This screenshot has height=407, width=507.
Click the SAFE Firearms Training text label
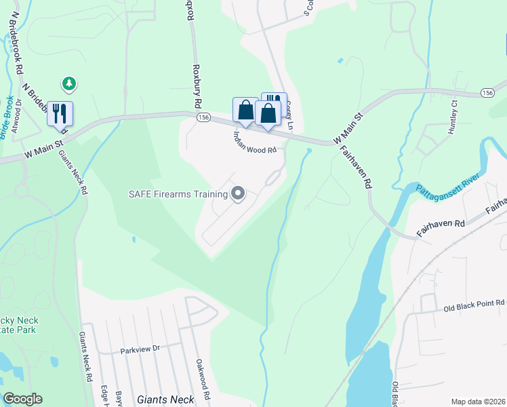178,194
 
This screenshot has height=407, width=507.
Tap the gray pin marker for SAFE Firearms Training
238,194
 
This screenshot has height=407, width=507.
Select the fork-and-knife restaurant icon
60,113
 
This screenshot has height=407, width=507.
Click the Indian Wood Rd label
255,141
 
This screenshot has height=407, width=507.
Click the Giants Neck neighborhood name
165,400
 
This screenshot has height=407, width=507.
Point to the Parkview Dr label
140,351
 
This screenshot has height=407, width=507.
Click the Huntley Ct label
454,117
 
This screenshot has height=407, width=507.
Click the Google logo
22,399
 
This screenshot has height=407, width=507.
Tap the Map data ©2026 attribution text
478,402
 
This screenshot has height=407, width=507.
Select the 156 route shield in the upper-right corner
487,92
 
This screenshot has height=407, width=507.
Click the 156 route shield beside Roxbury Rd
203,117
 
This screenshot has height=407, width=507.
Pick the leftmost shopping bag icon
245,110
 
